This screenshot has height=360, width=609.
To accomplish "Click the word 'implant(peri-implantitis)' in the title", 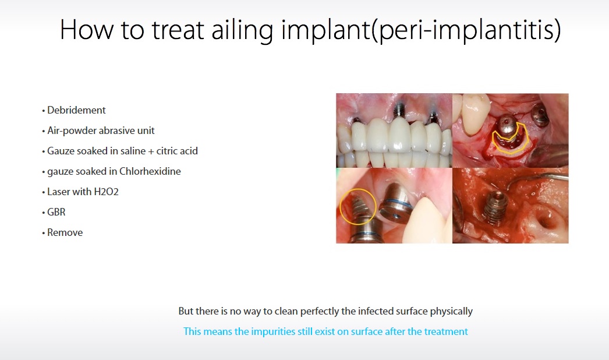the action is point(421,30).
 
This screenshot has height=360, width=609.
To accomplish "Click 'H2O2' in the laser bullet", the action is point(106,192).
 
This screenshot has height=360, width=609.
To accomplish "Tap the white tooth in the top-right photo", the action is point(475,113).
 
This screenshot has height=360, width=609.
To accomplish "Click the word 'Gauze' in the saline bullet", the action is point(60,151).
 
